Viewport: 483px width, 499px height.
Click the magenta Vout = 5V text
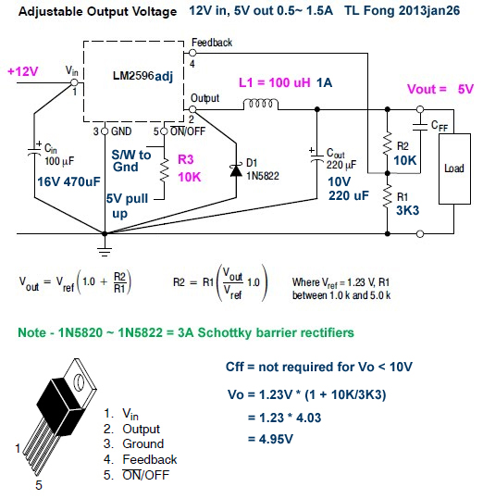click(440, 89)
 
